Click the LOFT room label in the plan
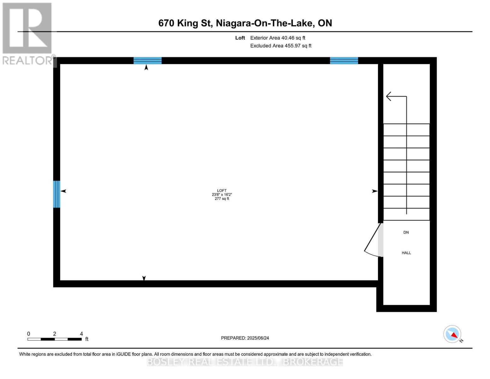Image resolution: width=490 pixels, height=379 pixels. click(x=221, y=190)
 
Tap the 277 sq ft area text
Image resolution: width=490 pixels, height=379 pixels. click(x=221, y=199)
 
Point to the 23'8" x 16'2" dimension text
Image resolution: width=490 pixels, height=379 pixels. click(x=221, y=195)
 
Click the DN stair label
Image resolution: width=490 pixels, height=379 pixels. click(x=406, y=232)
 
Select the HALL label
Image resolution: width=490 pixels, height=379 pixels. click(x=406, y=253)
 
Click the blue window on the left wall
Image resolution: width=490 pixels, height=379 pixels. click(x=56, y=194)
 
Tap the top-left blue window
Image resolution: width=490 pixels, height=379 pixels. click(x=147, y=61)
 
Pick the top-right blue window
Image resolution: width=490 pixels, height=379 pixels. click(x=344, y=61)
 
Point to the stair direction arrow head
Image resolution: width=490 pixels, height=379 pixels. click(x=389, y=96)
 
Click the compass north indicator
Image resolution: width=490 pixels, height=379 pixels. click(x=452, y=334)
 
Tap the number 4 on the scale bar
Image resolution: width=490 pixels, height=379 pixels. click(x=81, y=334)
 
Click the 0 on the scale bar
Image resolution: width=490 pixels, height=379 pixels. click(x=28, y=334)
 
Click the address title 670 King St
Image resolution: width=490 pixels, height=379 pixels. click(x=245, y=23)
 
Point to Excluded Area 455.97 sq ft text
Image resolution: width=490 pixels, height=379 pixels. click(x=280, y=46)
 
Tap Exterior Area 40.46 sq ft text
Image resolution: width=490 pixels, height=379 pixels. click(x=277, y=38)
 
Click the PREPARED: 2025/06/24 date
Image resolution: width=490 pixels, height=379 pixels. click(x=245, y=338)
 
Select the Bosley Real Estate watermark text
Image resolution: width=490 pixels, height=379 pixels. click(x=245, y=362)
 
